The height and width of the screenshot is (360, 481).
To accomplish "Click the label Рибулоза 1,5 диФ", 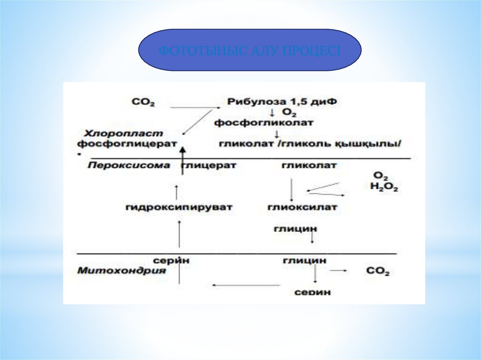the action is [282, 101].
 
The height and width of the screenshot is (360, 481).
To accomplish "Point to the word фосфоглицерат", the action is [127, 143].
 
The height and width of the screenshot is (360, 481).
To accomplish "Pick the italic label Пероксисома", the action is [128, 165].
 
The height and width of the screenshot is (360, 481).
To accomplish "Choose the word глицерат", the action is [209, 165].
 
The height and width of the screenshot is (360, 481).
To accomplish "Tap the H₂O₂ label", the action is [384, 188].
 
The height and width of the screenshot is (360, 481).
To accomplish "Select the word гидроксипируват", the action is [179, 207].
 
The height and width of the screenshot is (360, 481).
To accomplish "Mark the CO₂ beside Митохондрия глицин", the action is [377, 271].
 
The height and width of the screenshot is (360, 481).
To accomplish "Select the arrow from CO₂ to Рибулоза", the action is [195, 108].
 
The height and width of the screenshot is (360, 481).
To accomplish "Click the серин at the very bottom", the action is [312, 292].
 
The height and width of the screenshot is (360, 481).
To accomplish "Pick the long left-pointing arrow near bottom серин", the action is [245, 284].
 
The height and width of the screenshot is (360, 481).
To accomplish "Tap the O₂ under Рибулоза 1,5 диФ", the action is [288, 113].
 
